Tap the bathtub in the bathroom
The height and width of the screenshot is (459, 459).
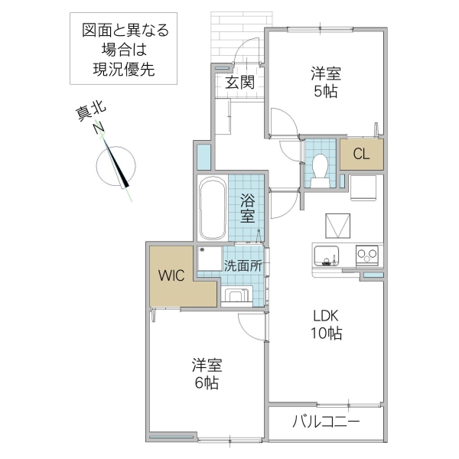[211, 208]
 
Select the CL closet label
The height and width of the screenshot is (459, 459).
[361, 154]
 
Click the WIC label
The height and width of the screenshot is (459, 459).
[171, 276]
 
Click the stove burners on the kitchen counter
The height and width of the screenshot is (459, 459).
[366, 254]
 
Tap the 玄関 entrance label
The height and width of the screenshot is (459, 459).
[239, 83]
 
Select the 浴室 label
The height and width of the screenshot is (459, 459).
[247, 207]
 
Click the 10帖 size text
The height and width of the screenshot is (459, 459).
[325, 334]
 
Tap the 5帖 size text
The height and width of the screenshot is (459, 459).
[325, 92]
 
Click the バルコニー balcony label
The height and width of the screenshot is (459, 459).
[325, 422]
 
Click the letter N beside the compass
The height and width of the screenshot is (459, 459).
[99, 129]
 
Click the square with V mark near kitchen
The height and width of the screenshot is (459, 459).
[338, 226]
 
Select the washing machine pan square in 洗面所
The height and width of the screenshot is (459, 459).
[209, 260]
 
